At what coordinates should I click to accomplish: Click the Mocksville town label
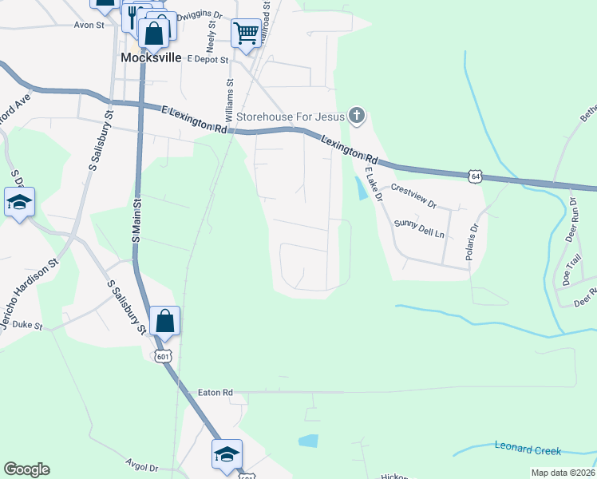coord(150,58)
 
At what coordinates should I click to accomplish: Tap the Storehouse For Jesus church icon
coord(357,117)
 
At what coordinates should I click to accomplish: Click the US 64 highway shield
coord(476,176)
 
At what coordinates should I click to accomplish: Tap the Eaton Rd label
coord(215,393)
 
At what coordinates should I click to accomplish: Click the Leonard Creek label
coord(528,449)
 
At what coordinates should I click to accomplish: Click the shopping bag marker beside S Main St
coord(164,321)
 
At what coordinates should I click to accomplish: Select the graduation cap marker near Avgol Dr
coord(227,454)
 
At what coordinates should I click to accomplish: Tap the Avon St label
coord(89,25)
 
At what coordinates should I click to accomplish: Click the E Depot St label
coord(208,59)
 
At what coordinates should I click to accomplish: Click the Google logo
coord(26,469)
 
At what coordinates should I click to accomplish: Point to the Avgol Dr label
coord(142,466)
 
